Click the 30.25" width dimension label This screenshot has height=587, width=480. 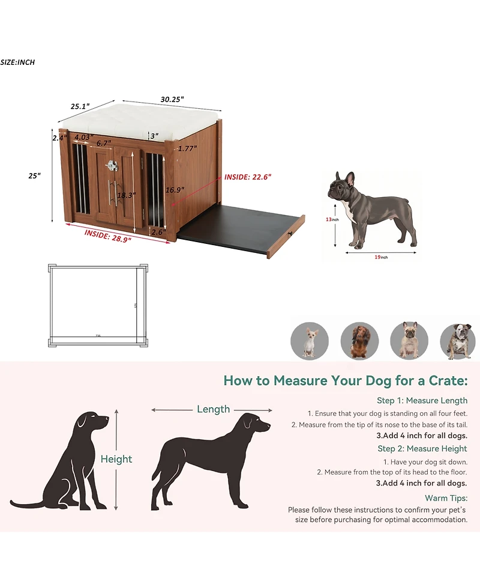[x=172, y=99]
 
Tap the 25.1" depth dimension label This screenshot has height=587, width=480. [x=80, y=106]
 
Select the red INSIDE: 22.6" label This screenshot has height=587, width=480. [x=248, y=177]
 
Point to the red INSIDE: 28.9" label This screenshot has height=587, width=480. [x=108, y=234]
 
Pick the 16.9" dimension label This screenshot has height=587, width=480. [x=175, y=190]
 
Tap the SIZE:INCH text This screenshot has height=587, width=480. [x=17, y=62]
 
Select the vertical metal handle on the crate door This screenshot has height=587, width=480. [x=109, y=192]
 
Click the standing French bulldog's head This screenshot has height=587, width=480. [x=341, y=187]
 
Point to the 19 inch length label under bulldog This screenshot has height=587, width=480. [x=376, y=257]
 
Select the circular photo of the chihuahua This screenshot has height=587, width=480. [x=310, y=341]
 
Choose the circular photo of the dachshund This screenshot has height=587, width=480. [x=359, y=341]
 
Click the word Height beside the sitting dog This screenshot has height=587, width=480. [x=116, y=459]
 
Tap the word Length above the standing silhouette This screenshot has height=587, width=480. [x=213, y=409]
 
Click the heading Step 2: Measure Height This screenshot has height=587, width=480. [x=422, y=448]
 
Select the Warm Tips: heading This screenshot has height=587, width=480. [x=446, y=498]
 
